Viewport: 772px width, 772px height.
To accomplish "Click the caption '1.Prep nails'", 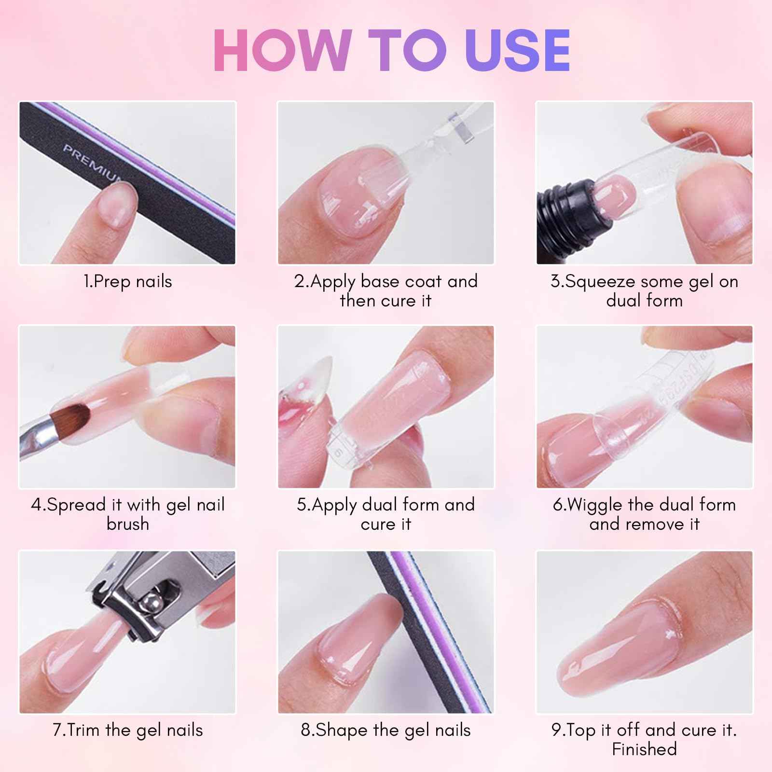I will click(127, 281).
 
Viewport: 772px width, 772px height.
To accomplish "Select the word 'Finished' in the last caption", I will click(644, 749).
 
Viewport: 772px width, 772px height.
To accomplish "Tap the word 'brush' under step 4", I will click(127, 524).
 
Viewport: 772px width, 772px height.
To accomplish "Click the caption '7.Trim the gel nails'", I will click(127, 730).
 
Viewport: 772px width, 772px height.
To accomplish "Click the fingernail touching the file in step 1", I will click(116, 205).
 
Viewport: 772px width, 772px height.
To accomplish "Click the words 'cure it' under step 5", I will click(386, 524).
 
